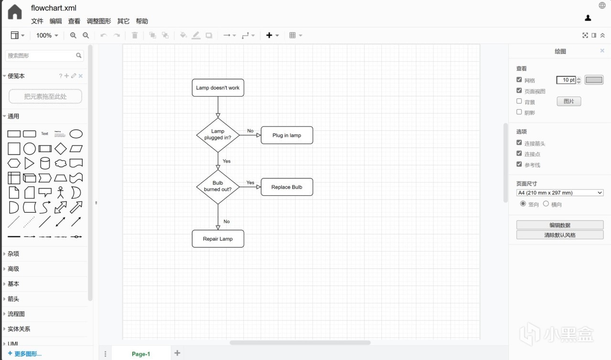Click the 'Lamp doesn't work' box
(x=218, y=88)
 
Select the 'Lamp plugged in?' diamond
(x=218, y=135)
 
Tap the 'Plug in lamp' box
(x=287, y=135)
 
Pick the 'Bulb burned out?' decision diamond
(x=218, y=187)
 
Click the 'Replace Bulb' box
(x=287, y=187)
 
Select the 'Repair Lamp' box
(x=218, y=239)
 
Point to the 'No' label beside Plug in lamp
(x=250, y=131)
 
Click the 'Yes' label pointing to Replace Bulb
(x=250, y=183)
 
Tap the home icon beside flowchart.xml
(x=15, y=12)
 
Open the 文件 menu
(x=37, y=21)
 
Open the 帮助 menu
(x=142, y=21)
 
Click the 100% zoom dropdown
(x=47, y=35)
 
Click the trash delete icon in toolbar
(x=135, y=35)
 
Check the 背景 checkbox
(x=519, y=101)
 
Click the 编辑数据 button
(x=560, y=225)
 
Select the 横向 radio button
(x=546, y=204)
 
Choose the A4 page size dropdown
(x=560, y=193)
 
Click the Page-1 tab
(x=141, y=354)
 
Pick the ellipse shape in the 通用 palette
(x=76, y=134)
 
